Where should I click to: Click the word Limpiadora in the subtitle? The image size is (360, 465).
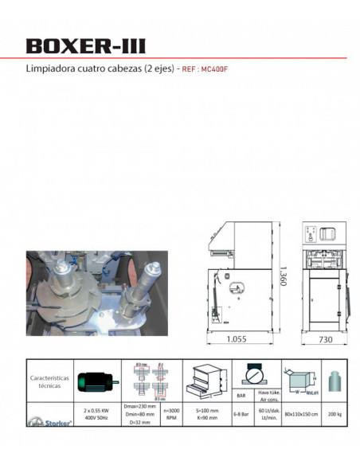(x=49, y=69)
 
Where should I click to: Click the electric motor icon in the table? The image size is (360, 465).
(x=96, y=381)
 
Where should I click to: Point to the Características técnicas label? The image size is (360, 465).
(x=49, y=381)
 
